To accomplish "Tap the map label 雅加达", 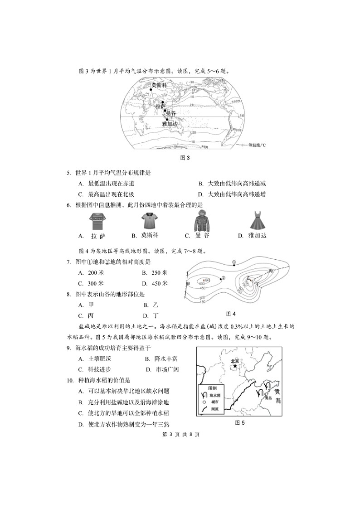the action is click(x=170, y=123).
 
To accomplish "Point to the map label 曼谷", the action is click(x=171, y=113).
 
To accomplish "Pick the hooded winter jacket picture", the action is click(x=203, y=220).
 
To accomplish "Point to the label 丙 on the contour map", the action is click(x=271, y=271).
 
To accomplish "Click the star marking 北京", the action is click(x=235, y=366).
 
